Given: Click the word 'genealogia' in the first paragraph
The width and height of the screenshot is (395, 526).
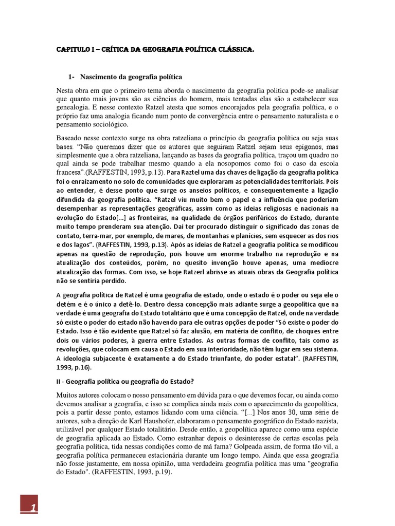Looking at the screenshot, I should [75, 107].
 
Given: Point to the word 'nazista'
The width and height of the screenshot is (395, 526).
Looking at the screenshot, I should [326, 421].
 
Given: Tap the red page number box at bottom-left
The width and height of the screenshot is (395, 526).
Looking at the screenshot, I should [31, 507].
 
